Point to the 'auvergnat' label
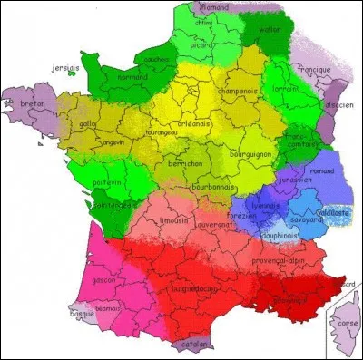[x=215, y=224]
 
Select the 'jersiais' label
[x=66, y=66]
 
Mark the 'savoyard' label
[x=306, y=219]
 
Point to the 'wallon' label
[x=270, y=28]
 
